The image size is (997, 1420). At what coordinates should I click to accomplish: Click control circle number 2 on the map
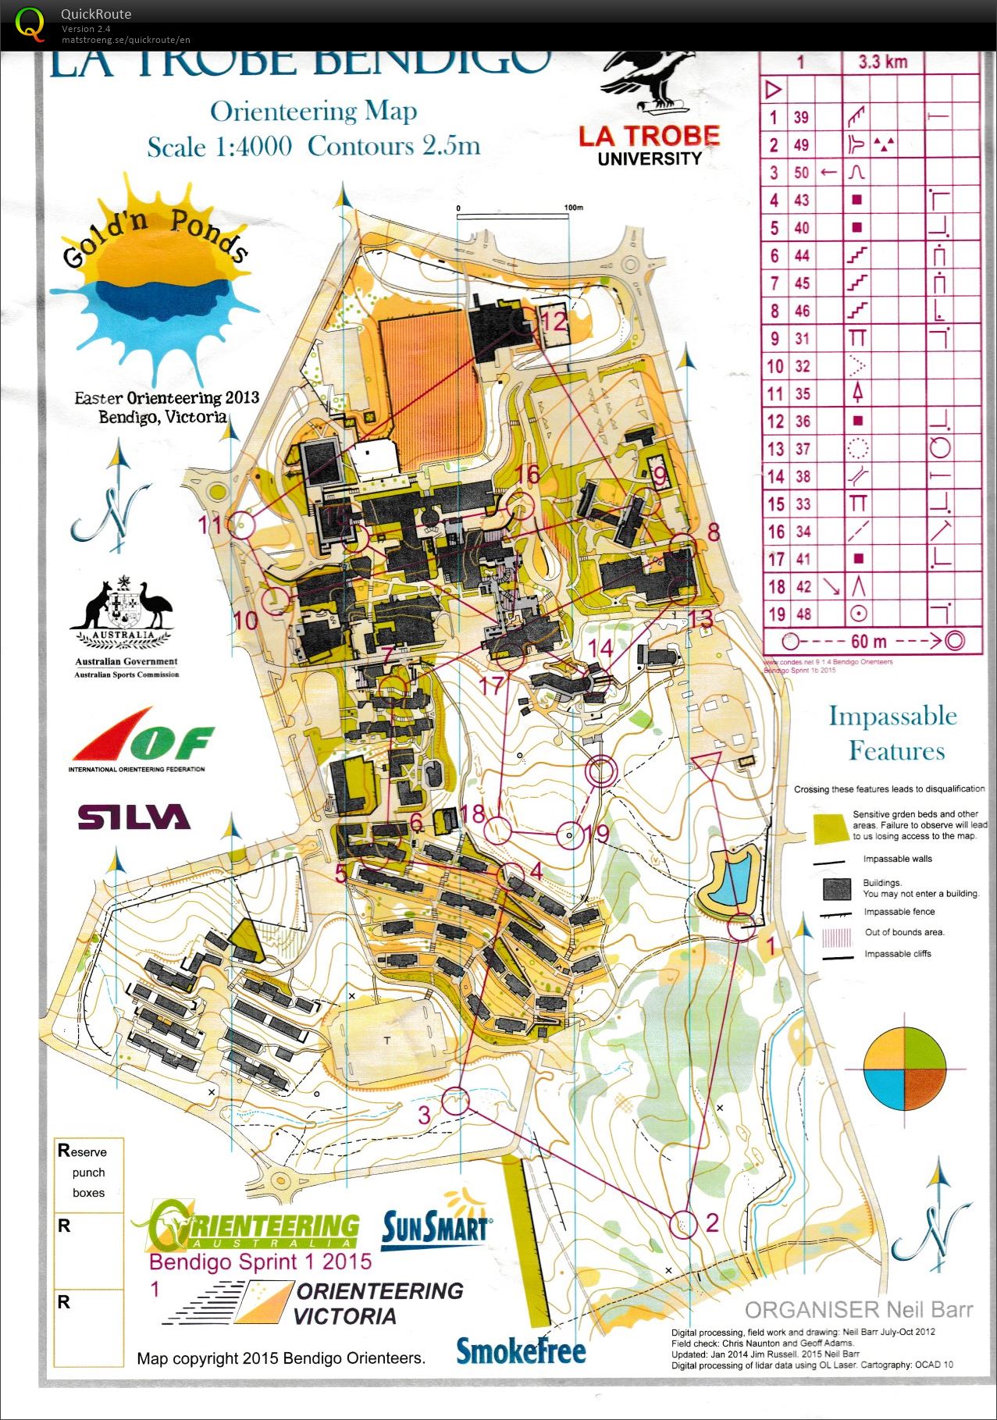click(x=685, y=1223)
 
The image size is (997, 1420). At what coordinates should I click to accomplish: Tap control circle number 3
click(x=456, y=1101)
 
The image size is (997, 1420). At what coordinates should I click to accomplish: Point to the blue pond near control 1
click(x=732, y=877)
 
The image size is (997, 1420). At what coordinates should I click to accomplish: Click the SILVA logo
click(x=134, y=817)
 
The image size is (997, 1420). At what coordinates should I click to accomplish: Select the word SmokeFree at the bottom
click(x=521, y=1351)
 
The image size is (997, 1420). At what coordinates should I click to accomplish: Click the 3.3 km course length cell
click(x=882, y=62)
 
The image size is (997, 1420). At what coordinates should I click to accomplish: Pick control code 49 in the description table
click(x=801, y=145)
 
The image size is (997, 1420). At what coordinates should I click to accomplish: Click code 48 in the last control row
click(x=803, y=614)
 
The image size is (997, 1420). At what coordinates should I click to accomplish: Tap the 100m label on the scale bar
click(x=573, y=208)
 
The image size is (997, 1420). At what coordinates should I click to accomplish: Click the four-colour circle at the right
click(x=905, y=1069)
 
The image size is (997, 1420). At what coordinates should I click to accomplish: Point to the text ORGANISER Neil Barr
click(x=859, y=1309)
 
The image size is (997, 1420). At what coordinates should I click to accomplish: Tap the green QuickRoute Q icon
click(x=30, y=24)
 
